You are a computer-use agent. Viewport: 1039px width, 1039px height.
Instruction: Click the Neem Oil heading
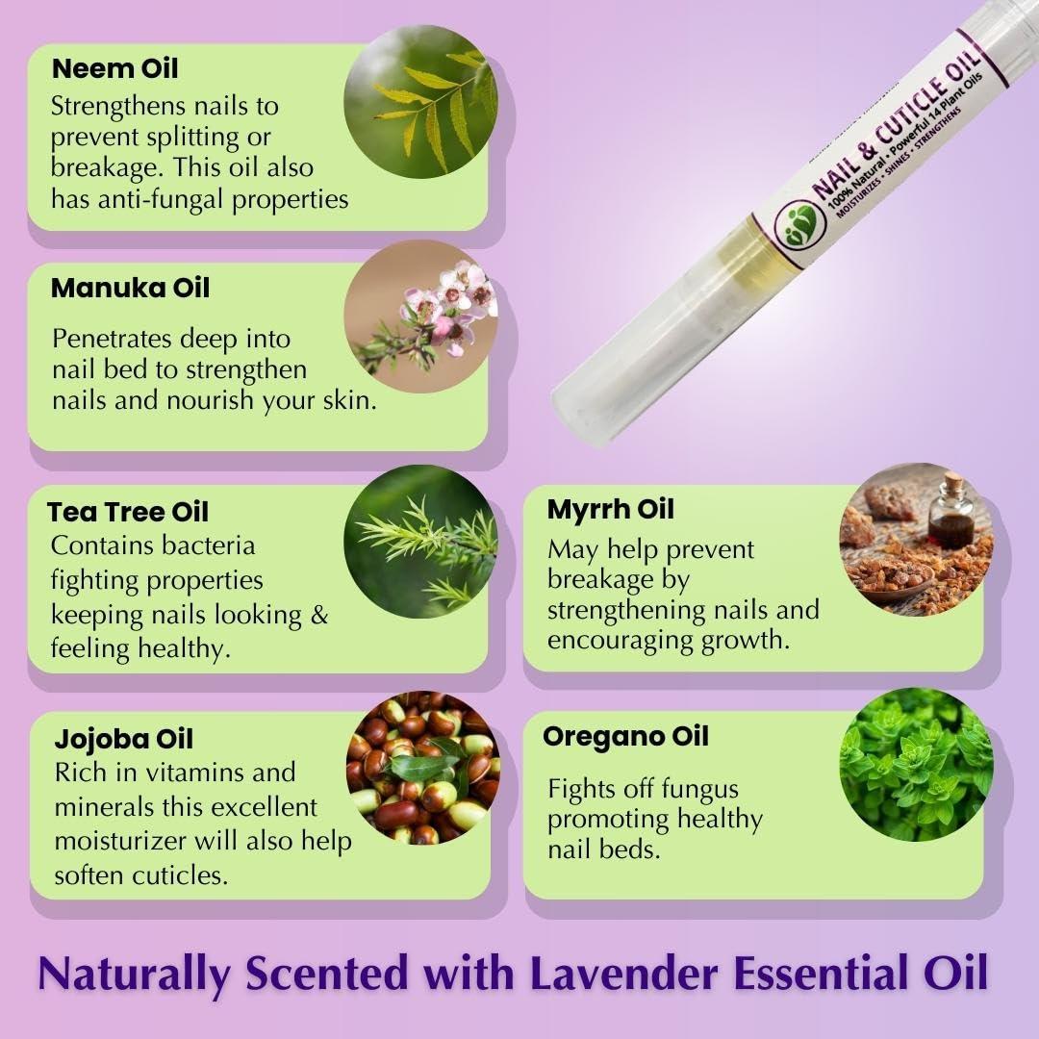[x=114, y=69]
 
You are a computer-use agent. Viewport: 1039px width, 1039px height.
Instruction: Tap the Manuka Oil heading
[x=130, y=288]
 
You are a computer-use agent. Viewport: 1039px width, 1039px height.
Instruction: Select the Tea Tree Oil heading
[x=128, y=512]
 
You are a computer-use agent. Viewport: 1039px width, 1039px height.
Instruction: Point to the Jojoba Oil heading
[x=124, y=739]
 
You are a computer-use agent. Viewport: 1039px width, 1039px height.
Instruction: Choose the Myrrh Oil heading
[x=611, y=509]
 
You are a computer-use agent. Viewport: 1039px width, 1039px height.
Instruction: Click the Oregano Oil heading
[x=625, y=737]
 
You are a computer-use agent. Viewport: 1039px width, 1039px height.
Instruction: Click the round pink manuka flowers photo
[x=420, y=317]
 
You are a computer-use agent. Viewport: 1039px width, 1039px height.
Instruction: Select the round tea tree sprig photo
[x=420, y=541]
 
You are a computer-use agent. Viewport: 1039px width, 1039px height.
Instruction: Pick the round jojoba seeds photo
[x=422, y=767]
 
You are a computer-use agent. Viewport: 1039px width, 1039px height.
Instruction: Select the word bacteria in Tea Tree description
[x=209, y=545]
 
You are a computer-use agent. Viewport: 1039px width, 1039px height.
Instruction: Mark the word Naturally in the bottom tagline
[x=135, y=974]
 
